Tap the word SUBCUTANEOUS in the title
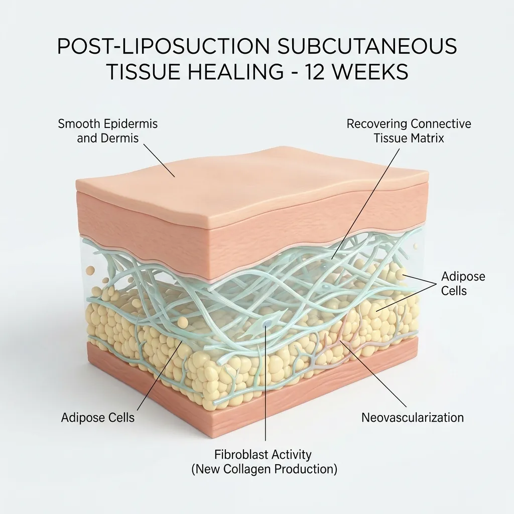tap(367, 46)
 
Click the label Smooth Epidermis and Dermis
tap(108, 131)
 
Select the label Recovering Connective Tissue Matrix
tap(409, 131)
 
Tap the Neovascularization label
tap(413, 418)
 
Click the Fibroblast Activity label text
tap(263, 455)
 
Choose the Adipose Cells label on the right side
tap(463, 284)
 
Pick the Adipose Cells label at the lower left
tap(98, 418)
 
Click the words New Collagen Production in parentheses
tap(264, 469)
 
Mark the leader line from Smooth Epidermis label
tap(159, 161)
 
